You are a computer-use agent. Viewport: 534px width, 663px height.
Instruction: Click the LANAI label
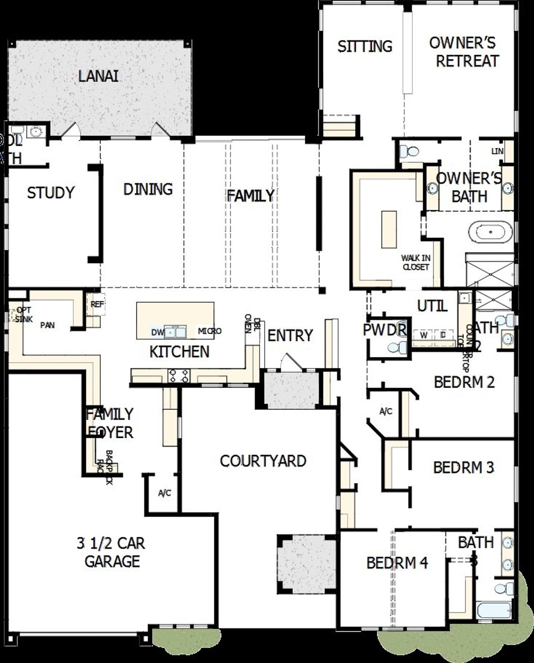point(98,76)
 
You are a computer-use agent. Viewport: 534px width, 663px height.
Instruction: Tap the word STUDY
point(50,193)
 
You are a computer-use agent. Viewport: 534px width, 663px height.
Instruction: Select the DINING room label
point(148,189)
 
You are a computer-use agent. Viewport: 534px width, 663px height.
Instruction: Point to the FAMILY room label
point(250,196)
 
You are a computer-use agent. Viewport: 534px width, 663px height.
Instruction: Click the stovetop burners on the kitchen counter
point(179,375)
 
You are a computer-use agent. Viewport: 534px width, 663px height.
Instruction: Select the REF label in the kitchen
point(97,304)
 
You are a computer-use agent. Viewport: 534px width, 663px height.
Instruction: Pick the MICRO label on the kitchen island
point(209,331)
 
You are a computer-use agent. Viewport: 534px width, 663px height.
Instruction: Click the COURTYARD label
point(263,461)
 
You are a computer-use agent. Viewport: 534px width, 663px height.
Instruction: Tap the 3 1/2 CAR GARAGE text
point(111,552)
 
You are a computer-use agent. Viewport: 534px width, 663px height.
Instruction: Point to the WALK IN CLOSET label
point(416,262)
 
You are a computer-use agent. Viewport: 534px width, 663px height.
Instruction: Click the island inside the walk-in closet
point(389,229)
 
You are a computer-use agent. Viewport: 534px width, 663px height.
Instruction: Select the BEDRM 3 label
point(463,467)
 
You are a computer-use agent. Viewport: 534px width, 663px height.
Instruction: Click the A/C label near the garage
point(164,493)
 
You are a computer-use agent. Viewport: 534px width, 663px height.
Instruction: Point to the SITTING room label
point(365,46)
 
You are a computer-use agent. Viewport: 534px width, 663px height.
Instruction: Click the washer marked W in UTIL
point(423,335)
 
